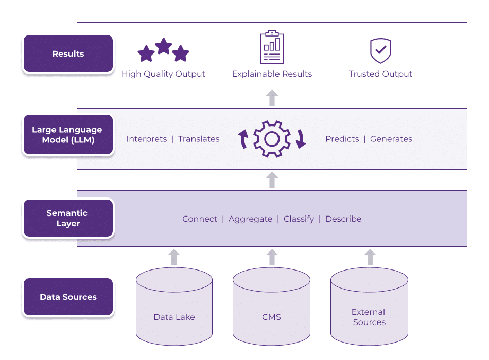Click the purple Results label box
(68, 54)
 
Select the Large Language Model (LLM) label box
(68, 135)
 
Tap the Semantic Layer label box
(68, 218)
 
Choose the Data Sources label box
(68, 297)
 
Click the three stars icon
(163, 50)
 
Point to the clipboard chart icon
(272, 47)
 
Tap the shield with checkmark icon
(380, 50)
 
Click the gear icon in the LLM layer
(272, 139)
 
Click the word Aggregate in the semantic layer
(250, 219)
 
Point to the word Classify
(299, 219)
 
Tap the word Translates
(199, 139)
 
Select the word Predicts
(342, 139)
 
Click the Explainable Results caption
(272, 74)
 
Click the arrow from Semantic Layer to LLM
(272, 180)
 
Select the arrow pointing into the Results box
(272, 98)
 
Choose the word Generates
(391, 139)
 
